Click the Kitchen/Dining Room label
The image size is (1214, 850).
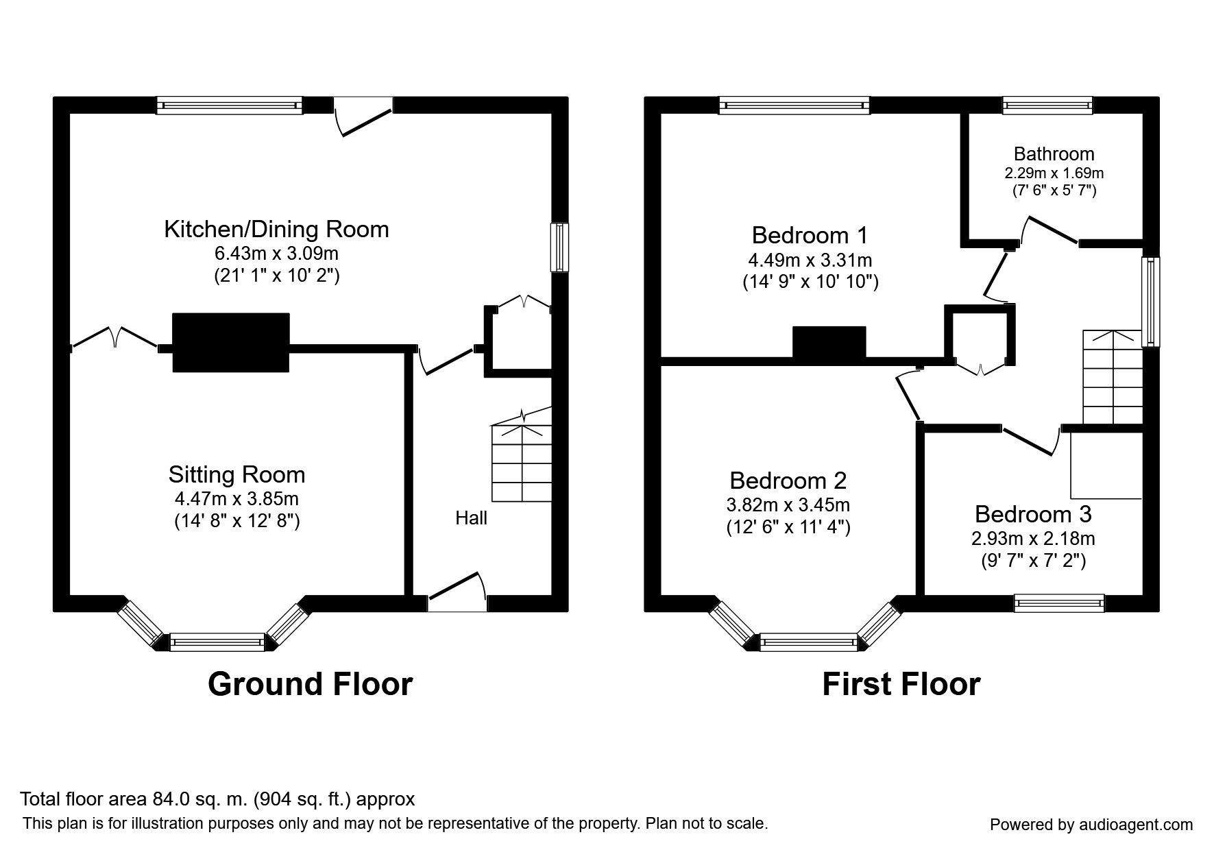[276, 229]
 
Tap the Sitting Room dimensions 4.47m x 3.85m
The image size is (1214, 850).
[236, 498]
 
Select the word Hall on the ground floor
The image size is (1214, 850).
[471, 518]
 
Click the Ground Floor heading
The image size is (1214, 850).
[310, 684]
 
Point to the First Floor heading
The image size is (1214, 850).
[901, 684]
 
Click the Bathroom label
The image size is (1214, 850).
[1054, 154]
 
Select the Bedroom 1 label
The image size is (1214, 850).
[810, 235]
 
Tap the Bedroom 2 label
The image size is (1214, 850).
[788, 480]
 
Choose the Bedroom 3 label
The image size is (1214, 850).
[1033, 514]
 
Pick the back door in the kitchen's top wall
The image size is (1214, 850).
[364, 115]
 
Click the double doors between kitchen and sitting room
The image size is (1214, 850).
[115, 338]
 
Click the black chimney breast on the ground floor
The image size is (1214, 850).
[230, 343]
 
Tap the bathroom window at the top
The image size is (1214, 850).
[1047, 106]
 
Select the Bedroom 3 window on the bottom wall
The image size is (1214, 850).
[1060, 603]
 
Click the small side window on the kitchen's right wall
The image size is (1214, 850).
[561, 247]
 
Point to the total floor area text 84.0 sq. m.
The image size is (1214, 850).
[217, 799]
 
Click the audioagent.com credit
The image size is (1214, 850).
[1091, 825]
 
